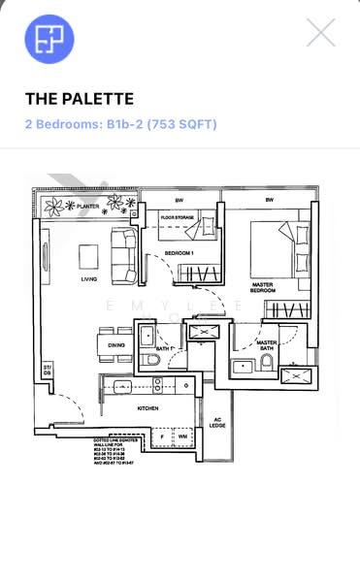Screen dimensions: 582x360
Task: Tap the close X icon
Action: (x=320, y=33)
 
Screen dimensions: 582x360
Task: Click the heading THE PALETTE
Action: (x=80, y=99)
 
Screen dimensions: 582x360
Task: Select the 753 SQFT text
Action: (x=183, y=124)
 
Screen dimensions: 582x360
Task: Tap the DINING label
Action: (x=116, y=345)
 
